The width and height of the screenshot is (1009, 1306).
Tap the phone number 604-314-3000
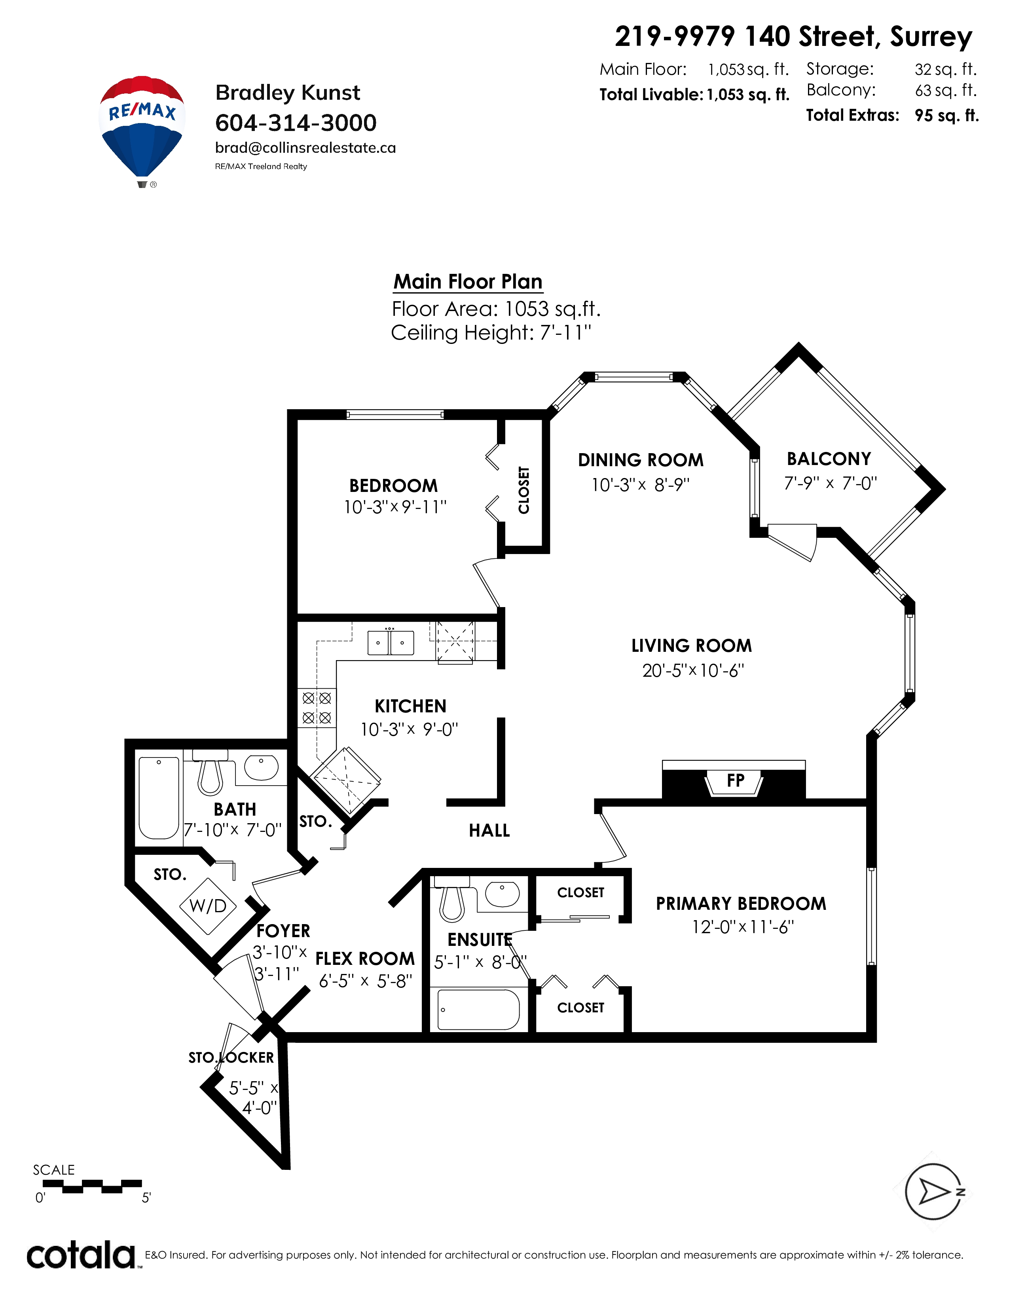point(296,123)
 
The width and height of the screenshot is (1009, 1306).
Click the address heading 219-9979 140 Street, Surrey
point(793,37)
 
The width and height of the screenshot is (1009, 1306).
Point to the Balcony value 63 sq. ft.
point(946,90)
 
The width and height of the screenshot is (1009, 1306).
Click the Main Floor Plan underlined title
point(468,282)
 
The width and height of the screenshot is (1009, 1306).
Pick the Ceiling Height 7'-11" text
point(491,332)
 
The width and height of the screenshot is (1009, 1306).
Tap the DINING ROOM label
point(641,460)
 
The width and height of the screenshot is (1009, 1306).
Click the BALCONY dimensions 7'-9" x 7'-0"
point(830,483)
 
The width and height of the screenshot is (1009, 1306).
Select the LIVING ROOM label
point(692,646)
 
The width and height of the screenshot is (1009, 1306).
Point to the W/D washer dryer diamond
point(208,906)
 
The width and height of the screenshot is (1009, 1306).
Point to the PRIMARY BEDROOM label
point(741,904)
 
